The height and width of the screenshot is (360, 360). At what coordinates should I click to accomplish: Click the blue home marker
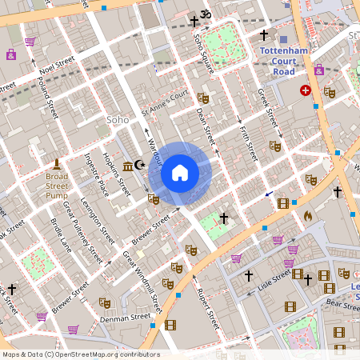[180, 173]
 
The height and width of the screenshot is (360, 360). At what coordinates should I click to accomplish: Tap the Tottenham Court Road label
[284, 60]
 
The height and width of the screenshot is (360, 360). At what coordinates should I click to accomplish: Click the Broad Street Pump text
[57, 181]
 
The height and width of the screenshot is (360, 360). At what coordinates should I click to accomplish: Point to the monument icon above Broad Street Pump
[57, 162]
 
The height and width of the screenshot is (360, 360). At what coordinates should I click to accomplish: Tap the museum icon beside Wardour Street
[129, 166]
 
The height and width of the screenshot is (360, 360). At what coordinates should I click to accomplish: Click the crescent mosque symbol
[141, 165]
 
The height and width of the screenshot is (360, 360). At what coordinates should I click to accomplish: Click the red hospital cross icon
[305, 90]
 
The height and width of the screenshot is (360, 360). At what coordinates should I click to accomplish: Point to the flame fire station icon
[307, 216]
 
